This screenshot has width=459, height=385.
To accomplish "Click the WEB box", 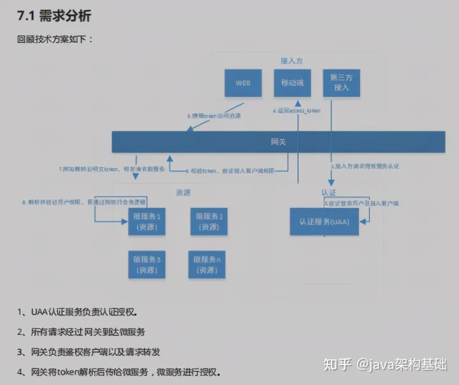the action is coord(243,83).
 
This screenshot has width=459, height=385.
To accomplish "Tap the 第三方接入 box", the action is coord(341,83).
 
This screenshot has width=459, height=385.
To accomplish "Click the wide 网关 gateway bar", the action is coord(278,141).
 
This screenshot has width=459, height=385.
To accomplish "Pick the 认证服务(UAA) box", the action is coord(324,221).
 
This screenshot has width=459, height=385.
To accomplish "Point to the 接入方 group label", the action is coord(291,60).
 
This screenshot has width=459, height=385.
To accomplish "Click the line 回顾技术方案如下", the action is coord(55,39).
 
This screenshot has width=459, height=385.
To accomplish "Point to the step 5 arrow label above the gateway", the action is coord(214,116).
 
